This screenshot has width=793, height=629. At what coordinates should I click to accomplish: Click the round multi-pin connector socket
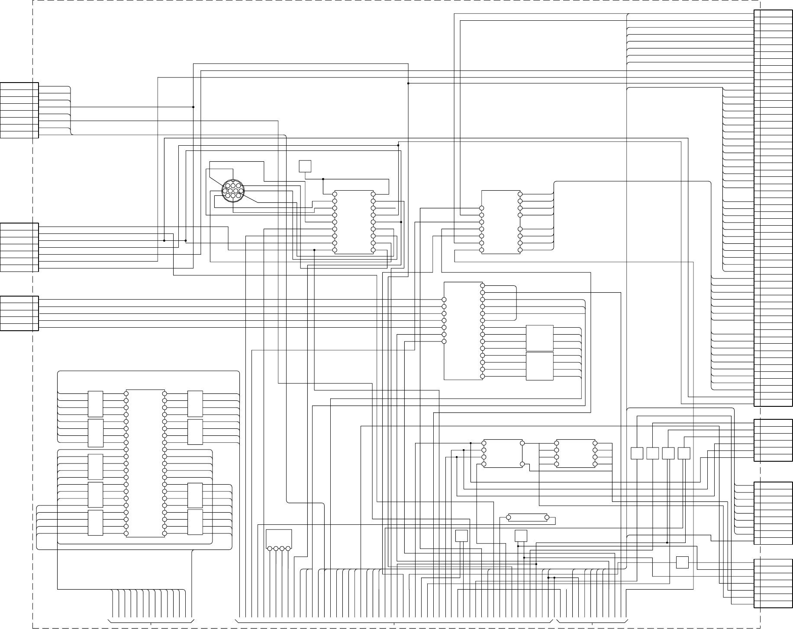tap(233, 191)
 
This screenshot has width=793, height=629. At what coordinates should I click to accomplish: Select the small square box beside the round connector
tap(305, 166)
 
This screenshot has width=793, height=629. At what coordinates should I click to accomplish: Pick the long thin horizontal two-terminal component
tap(528, 517)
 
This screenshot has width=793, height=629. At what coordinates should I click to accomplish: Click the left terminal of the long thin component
tap(509, 517)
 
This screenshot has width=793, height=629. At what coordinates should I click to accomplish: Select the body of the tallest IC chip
tap(145, 463)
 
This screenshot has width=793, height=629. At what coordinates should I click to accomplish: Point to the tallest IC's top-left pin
tap(126, 394)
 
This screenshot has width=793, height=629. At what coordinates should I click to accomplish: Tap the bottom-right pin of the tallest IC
tap(164, 533)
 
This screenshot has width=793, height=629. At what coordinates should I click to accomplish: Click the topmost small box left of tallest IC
tap(96, 404)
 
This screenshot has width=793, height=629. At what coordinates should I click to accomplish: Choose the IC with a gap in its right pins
tap(501, 222)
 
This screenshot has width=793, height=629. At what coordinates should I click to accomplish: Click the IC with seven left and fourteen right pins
tap(464, 331)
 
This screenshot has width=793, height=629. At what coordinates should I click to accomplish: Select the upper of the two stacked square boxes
tap(539, 338)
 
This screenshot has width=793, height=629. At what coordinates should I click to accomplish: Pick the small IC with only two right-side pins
tap(503, 453)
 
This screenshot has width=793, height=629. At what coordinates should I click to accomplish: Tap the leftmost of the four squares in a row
tap(637, 453)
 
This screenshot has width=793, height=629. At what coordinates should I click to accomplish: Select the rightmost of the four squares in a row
tap(683, 453)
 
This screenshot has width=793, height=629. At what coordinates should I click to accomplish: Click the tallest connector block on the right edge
tap(773, 208)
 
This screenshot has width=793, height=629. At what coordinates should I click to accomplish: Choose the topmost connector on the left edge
tap(19, 110)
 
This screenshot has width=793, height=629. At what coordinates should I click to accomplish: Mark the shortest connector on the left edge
tap(19, 313)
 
